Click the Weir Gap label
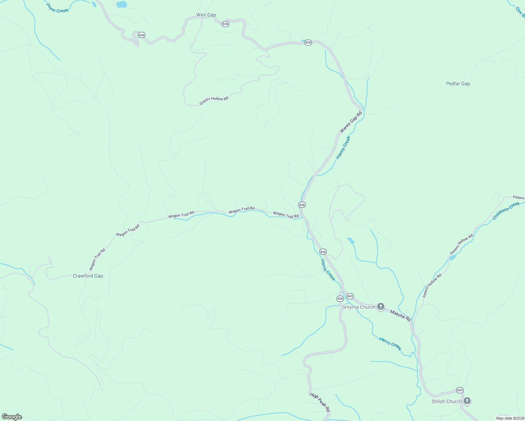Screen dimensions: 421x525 [206, 15]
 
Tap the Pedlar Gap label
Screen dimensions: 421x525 [458, 83]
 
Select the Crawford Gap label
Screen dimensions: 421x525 [88, 276]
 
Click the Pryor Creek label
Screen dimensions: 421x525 [57, 8]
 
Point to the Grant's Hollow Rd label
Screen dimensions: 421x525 [214, 100]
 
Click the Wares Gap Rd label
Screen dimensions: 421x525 [351, 122]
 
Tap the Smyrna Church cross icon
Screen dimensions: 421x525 [381, 307]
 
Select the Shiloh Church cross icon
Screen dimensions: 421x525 [467, 401]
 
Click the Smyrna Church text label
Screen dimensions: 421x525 [358, 307]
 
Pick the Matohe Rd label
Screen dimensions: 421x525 [400, 316]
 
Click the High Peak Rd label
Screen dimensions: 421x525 [320, 402]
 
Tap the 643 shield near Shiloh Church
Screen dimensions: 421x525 [460, 390]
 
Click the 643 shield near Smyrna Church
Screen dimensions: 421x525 [350, 296]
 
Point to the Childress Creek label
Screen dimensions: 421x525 [506, 211]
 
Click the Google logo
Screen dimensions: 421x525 [12, 417]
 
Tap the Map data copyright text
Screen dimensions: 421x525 [510, 418]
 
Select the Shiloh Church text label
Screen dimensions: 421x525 [446, 401]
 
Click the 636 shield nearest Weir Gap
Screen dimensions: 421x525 [225, 24]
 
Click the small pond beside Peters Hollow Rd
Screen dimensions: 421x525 [453, 258]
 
